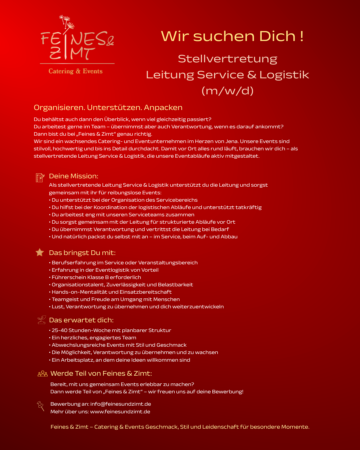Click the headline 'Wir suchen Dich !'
coord(232,36)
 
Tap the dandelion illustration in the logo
coord(67,22)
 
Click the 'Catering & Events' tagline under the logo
coord(76,71)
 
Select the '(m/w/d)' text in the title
coord(227,90)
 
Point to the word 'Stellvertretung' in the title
coord(227,59)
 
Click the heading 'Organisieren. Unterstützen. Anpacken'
coord(108,107)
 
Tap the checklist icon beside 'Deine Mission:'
coord(40,177)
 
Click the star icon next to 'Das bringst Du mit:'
coord(40,252)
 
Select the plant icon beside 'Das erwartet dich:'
coord(42,320)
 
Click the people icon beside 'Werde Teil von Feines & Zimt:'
coord(42,374)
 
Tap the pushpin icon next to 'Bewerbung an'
coord(41,406)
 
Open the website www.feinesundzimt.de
coord(120,412)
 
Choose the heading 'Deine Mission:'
coord(73,176)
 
